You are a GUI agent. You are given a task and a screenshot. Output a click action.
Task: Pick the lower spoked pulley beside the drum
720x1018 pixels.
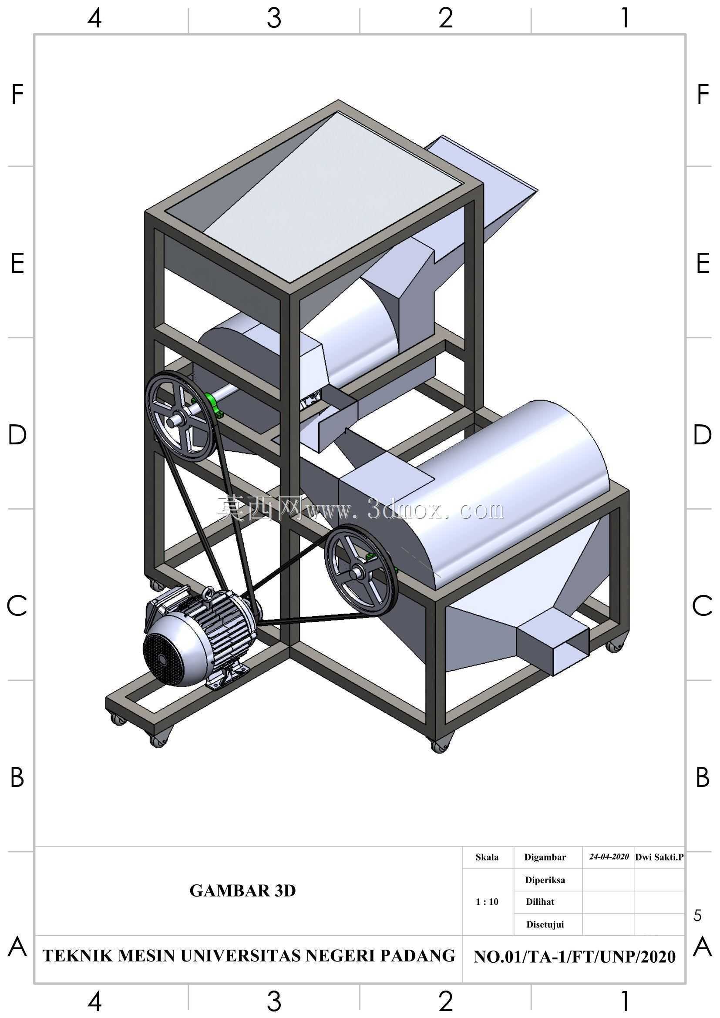coord(361,571)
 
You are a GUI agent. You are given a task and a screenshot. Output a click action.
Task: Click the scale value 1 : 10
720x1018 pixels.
coord(487,901)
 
